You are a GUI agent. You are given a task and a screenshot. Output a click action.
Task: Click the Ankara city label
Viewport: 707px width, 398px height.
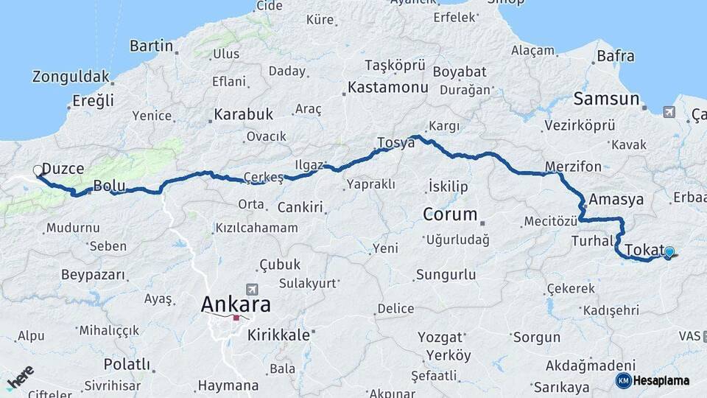236,304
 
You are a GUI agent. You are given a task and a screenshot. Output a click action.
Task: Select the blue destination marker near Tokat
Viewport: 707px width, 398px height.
669,253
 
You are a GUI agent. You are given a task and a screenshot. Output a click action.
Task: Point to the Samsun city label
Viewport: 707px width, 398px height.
606,99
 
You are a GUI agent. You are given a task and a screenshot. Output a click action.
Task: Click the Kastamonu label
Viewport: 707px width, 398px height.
387,88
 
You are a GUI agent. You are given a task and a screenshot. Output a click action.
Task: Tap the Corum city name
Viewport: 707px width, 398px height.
450,214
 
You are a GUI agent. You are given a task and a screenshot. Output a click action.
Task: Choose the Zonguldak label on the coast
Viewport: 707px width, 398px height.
71,77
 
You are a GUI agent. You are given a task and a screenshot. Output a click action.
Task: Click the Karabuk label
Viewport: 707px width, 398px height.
243,115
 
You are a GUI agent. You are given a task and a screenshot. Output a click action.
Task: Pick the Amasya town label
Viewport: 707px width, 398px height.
616,199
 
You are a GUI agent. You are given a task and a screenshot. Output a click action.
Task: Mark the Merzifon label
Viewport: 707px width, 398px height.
574,166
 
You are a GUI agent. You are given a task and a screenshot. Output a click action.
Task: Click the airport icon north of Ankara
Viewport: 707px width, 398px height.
253,289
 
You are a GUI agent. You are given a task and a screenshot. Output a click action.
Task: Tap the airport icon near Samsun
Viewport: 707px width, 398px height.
668,112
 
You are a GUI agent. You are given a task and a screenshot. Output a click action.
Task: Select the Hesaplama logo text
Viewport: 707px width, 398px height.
661,381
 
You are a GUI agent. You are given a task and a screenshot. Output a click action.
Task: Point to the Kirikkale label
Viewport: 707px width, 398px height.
278,335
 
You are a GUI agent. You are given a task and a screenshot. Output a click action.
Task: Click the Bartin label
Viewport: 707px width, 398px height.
151,46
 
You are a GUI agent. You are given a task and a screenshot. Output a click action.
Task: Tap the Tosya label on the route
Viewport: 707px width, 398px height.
395,143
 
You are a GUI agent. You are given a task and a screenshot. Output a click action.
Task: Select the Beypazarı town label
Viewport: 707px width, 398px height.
93,275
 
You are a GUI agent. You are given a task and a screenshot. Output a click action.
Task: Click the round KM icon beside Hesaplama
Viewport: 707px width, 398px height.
623,380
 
